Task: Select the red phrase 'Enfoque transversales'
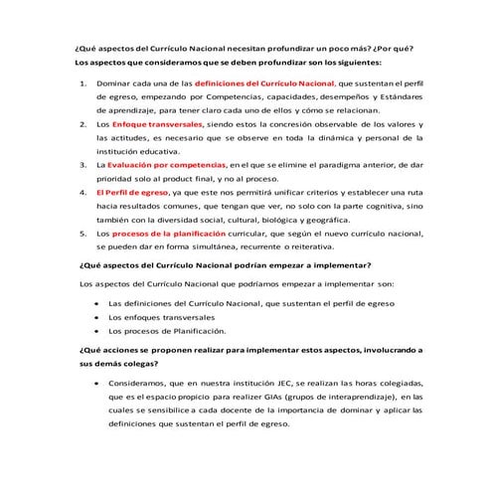pyautogui.click(x=159, y=126)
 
